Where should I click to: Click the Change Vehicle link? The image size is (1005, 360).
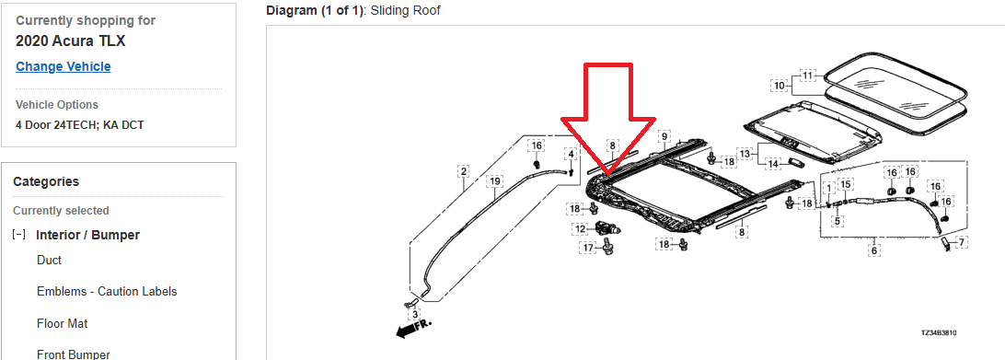point(64,66)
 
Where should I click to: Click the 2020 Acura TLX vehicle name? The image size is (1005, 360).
point(71,41)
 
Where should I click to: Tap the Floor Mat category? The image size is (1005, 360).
point(63,323)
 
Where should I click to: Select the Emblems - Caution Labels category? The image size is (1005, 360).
point(107,291)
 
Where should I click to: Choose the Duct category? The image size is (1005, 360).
point(50,260)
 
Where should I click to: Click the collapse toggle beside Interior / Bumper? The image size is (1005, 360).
point(19,235)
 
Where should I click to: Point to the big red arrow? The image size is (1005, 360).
point(607,119)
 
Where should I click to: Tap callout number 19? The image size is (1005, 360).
point(493,181)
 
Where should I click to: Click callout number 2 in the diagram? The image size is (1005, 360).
point(464,171)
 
